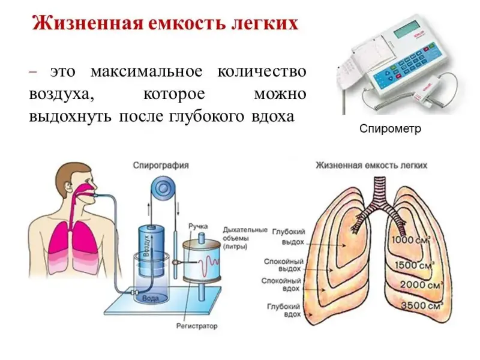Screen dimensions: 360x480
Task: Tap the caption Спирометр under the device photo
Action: point(391,129)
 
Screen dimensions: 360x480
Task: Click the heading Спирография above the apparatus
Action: point(161,164)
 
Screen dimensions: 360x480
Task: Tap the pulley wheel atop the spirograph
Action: point(161,189)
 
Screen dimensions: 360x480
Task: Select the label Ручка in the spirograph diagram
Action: point(198,226)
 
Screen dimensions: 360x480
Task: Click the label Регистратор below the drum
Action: point(197,326)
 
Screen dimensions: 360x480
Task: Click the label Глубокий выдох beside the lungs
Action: point(289,236)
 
